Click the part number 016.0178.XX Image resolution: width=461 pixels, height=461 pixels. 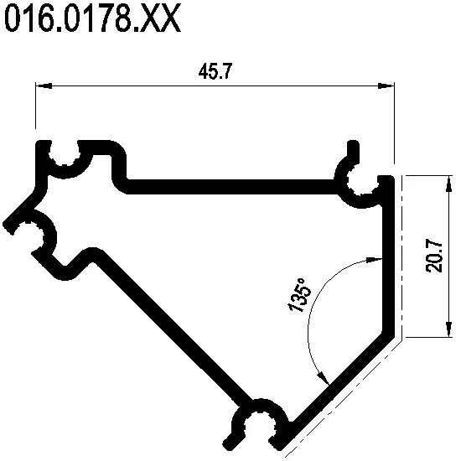92,18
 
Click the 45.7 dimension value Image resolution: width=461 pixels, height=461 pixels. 215,71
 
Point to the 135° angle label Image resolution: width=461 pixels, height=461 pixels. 299,295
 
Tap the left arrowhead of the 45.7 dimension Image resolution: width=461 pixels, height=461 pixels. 44,85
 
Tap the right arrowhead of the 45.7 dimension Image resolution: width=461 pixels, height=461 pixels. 386,85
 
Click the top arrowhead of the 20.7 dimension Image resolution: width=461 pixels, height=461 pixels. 448,184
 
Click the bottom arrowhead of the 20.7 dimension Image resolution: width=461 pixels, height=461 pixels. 448,329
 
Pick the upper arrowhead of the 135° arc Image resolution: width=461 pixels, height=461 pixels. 374,259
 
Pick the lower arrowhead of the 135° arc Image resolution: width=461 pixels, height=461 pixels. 324,378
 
